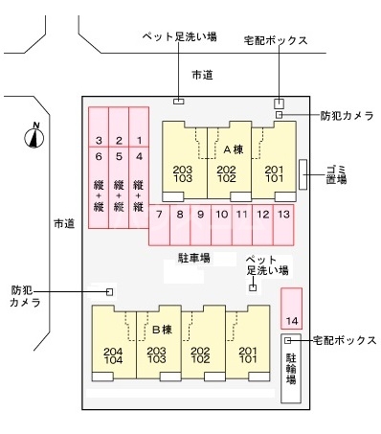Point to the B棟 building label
click(161, 329)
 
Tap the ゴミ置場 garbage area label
click(335, 172)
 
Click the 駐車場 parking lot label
click(194, 258)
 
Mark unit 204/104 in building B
click(113, 355)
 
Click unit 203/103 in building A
click(183, 173)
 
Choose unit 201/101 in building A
click(274, 173)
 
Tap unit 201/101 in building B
click(249, 355)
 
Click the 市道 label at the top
click(201, 74)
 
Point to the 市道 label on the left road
click(64, 223)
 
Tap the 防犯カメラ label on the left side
click(26, 295)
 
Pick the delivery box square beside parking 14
click(288, 340)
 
